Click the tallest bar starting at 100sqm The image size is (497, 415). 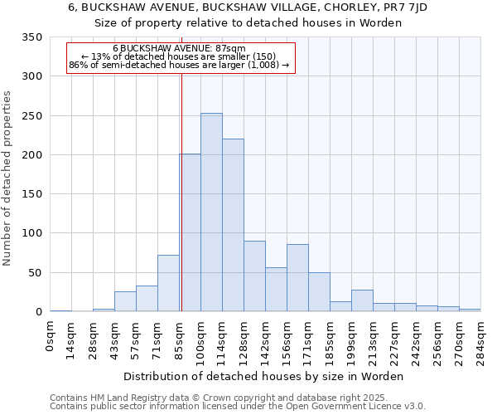point(211,212)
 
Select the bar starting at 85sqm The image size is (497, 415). point(190,232)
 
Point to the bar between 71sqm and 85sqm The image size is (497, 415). point(168,283)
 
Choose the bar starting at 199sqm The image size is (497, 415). point(362,300)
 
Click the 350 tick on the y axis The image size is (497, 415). point(31,37)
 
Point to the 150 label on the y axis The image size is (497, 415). point(31,194)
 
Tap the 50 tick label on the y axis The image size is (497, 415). point(35,273)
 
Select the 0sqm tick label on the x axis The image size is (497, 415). point(51,336)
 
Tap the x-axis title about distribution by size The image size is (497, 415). point(264,376)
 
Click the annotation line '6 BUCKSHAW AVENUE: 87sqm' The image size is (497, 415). point(179,49)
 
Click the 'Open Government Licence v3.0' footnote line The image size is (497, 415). point(238,407)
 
